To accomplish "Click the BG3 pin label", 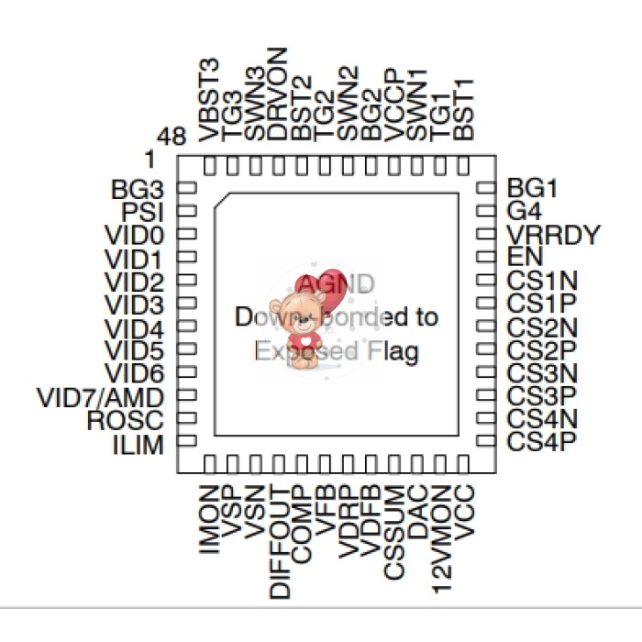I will click(x=137, y=191).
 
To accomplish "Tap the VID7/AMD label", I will click(x=101, y=398).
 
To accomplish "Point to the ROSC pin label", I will click(x=125, y=422).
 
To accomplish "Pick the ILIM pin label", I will click(x=137, y=446).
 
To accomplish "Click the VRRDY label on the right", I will click(x=553, y=235).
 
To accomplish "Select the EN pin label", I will click(x=525, y=258).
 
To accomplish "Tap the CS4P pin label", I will click(x=541, y=441).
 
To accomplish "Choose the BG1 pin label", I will click(x=532, y=189).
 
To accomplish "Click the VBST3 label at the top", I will click(x=209, y=100).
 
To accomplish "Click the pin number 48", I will click(x=172, y=138).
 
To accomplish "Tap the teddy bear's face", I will click(x=298, y=312).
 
